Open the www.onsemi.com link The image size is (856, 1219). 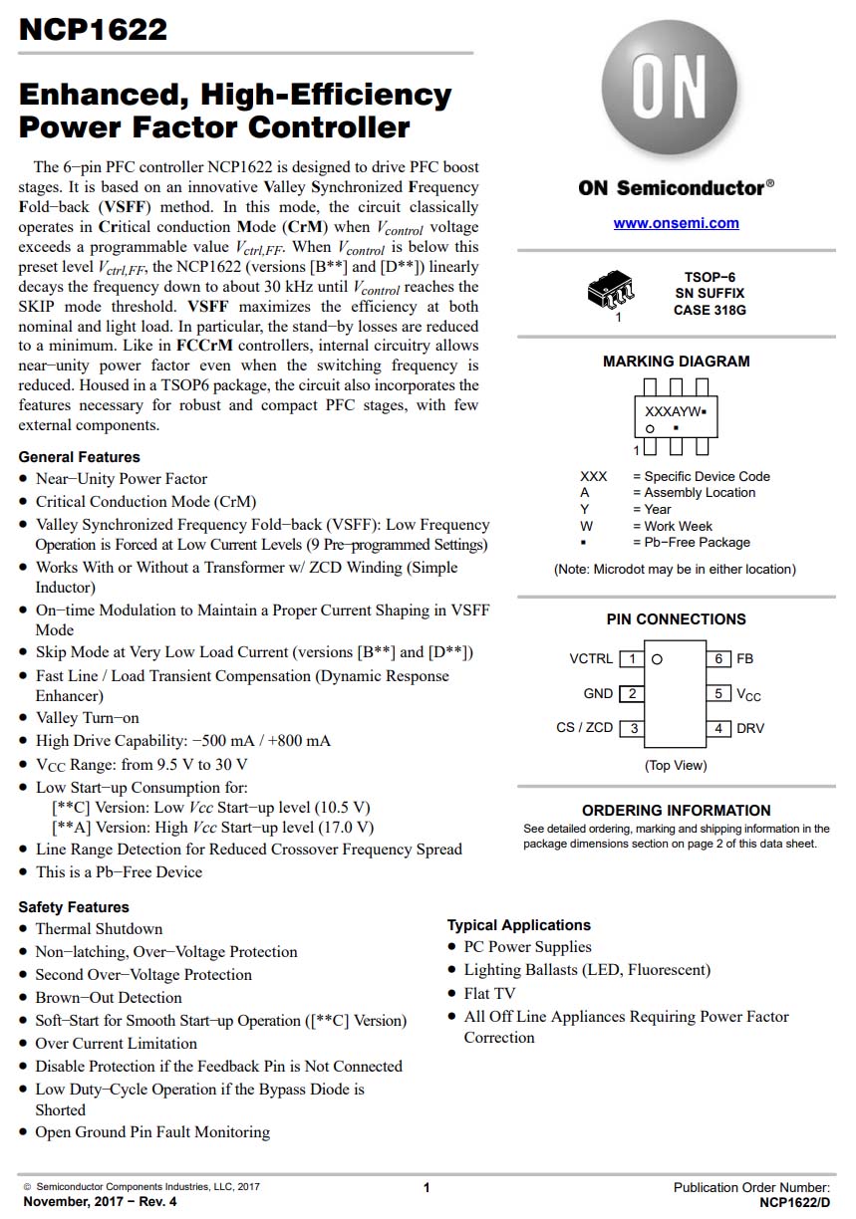click(x=676, y=223)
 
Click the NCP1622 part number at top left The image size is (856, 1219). click(x=93, y=30)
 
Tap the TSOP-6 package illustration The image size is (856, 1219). click(x=611, y=291)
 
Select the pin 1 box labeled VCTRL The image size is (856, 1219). click(x=631, y=659)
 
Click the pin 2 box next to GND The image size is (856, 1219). click(x=631, y=693)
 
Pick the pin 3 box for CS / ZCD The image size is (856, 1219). click(x=631, y=728)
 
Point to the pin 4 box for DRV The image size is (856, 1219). click(x=718, y=728)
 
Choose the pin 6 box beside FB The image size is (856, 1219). click(x=718, y=659)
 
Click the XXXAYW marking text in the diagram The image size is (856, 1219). click(x=674, y=411)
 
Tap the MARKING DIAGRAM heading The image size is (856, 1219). click(x=676, y=362)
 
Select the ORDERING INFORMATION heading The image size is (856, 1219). click(x=676, y=811)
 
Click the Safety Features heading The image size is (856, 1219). click(x=74, y=907)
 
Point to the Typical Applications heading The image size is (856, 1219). click(x=518, y=925)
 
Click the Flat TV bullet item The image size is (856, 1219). click(x=489, y=993)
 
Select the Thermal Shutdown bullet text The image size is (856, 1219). click(x=99, y=929)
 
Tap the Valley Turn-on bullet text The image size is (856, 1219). click(x=88, y=718)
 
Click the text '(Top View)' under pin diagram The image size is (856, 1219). click(x=676, y=765)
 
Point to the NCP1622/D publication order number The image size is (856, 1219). click(x=794, y=1203)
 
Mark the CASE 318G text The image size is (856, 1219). click(x=710, y=310)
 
